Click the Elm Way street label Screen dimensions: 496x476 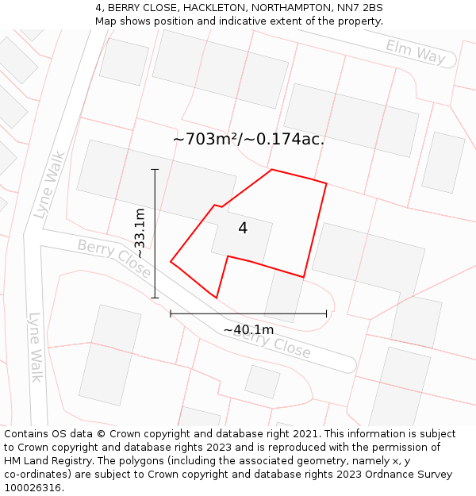(x=416, y=52)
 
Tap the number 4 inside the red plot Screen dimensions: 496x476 (x=243, y=229)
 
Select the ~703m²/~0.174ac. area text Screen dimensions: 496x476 (x=248, y=139)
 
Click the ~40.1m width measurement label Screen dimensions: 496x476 (x=248, y=329)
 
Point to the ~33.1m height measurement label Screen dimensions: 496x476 (x=140, y=233)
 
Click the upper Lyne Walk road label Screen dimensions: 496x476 (x=49, y=185)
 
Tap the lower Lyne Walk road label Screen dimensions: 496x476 (x=35, y=347)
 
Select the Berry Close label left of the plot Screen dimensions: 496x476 (x=113, y=258)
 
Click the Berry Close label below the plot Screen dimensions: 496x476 (x=271, y=341)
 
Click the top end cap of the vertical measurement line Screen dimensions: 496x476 (x=155, y=169)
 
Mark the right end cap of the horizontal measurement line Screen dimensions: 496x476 (x=326, y=313)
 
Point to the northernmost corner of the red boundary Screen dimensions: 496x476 (x=271, y=169)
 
